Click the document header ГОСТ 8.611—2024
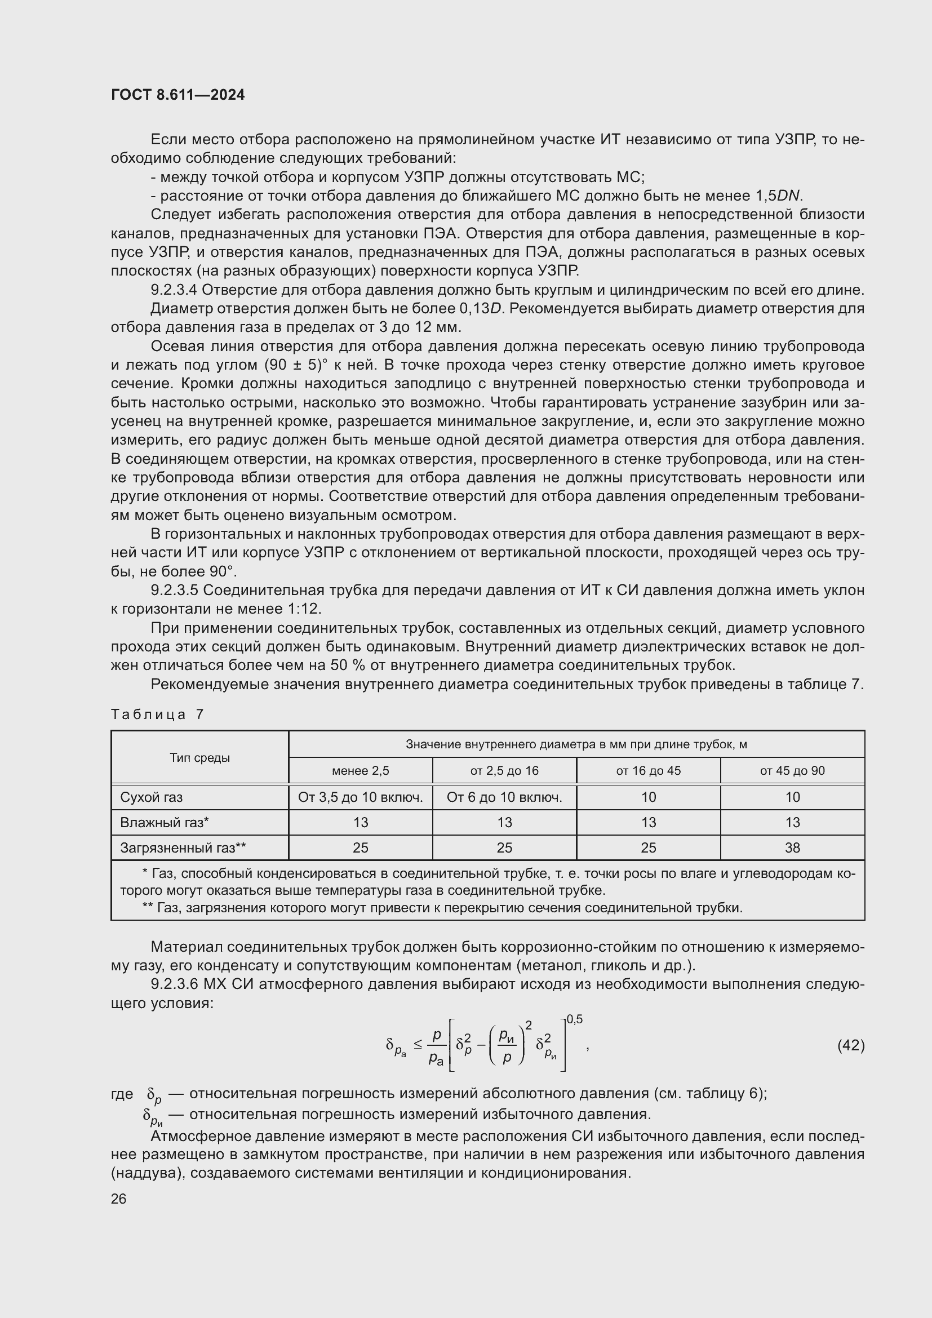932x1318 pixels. tap(178, 95)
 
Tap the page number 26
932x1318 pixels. tap(118, 1199)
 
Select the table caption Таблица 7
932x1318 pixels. tap(157, 714)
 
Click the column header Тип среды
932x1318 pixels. tap(199, 758)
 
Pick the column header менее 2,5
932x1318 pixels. tap(361, 771)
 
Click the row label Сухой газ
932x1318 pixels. tap(151, 797)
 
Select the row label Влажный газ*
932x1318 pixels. tap(164, 822)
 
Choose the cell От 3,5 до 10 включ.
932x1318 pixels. tap(361, 797)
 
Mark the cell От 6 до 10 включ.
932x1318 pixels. tap(504, 797)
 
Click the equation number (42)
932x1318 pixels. tap(850, 1045)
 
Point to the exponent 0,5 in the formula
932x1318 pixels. tap(574, 1019)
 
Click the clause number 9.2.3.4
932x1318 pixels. tap(175, 290)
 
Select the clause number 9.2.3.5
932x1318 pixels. tap(175, 590)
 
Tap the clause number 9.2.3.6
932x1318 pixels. tap(175, 984)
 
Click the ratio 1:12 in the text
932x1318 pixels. tap(303, 609)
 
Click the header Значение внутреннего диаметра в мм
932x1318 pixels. tap(576, 744)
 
